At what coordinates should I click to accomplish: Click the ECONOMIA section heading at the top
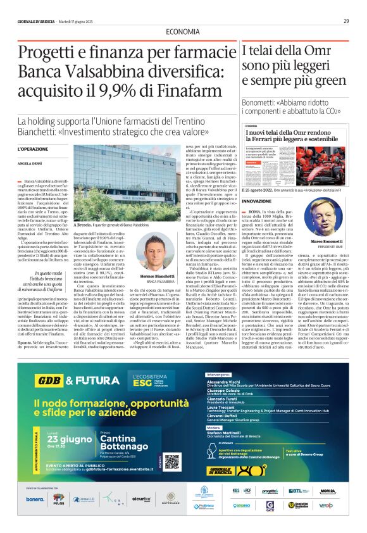coord(183,32)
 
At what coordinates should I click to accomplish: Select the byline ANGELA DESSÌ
coord(28,163)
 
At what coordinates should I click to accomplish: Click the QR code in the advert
coord(172,462)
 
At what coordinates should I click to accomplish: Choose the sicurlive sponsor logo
coord(142,499)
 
